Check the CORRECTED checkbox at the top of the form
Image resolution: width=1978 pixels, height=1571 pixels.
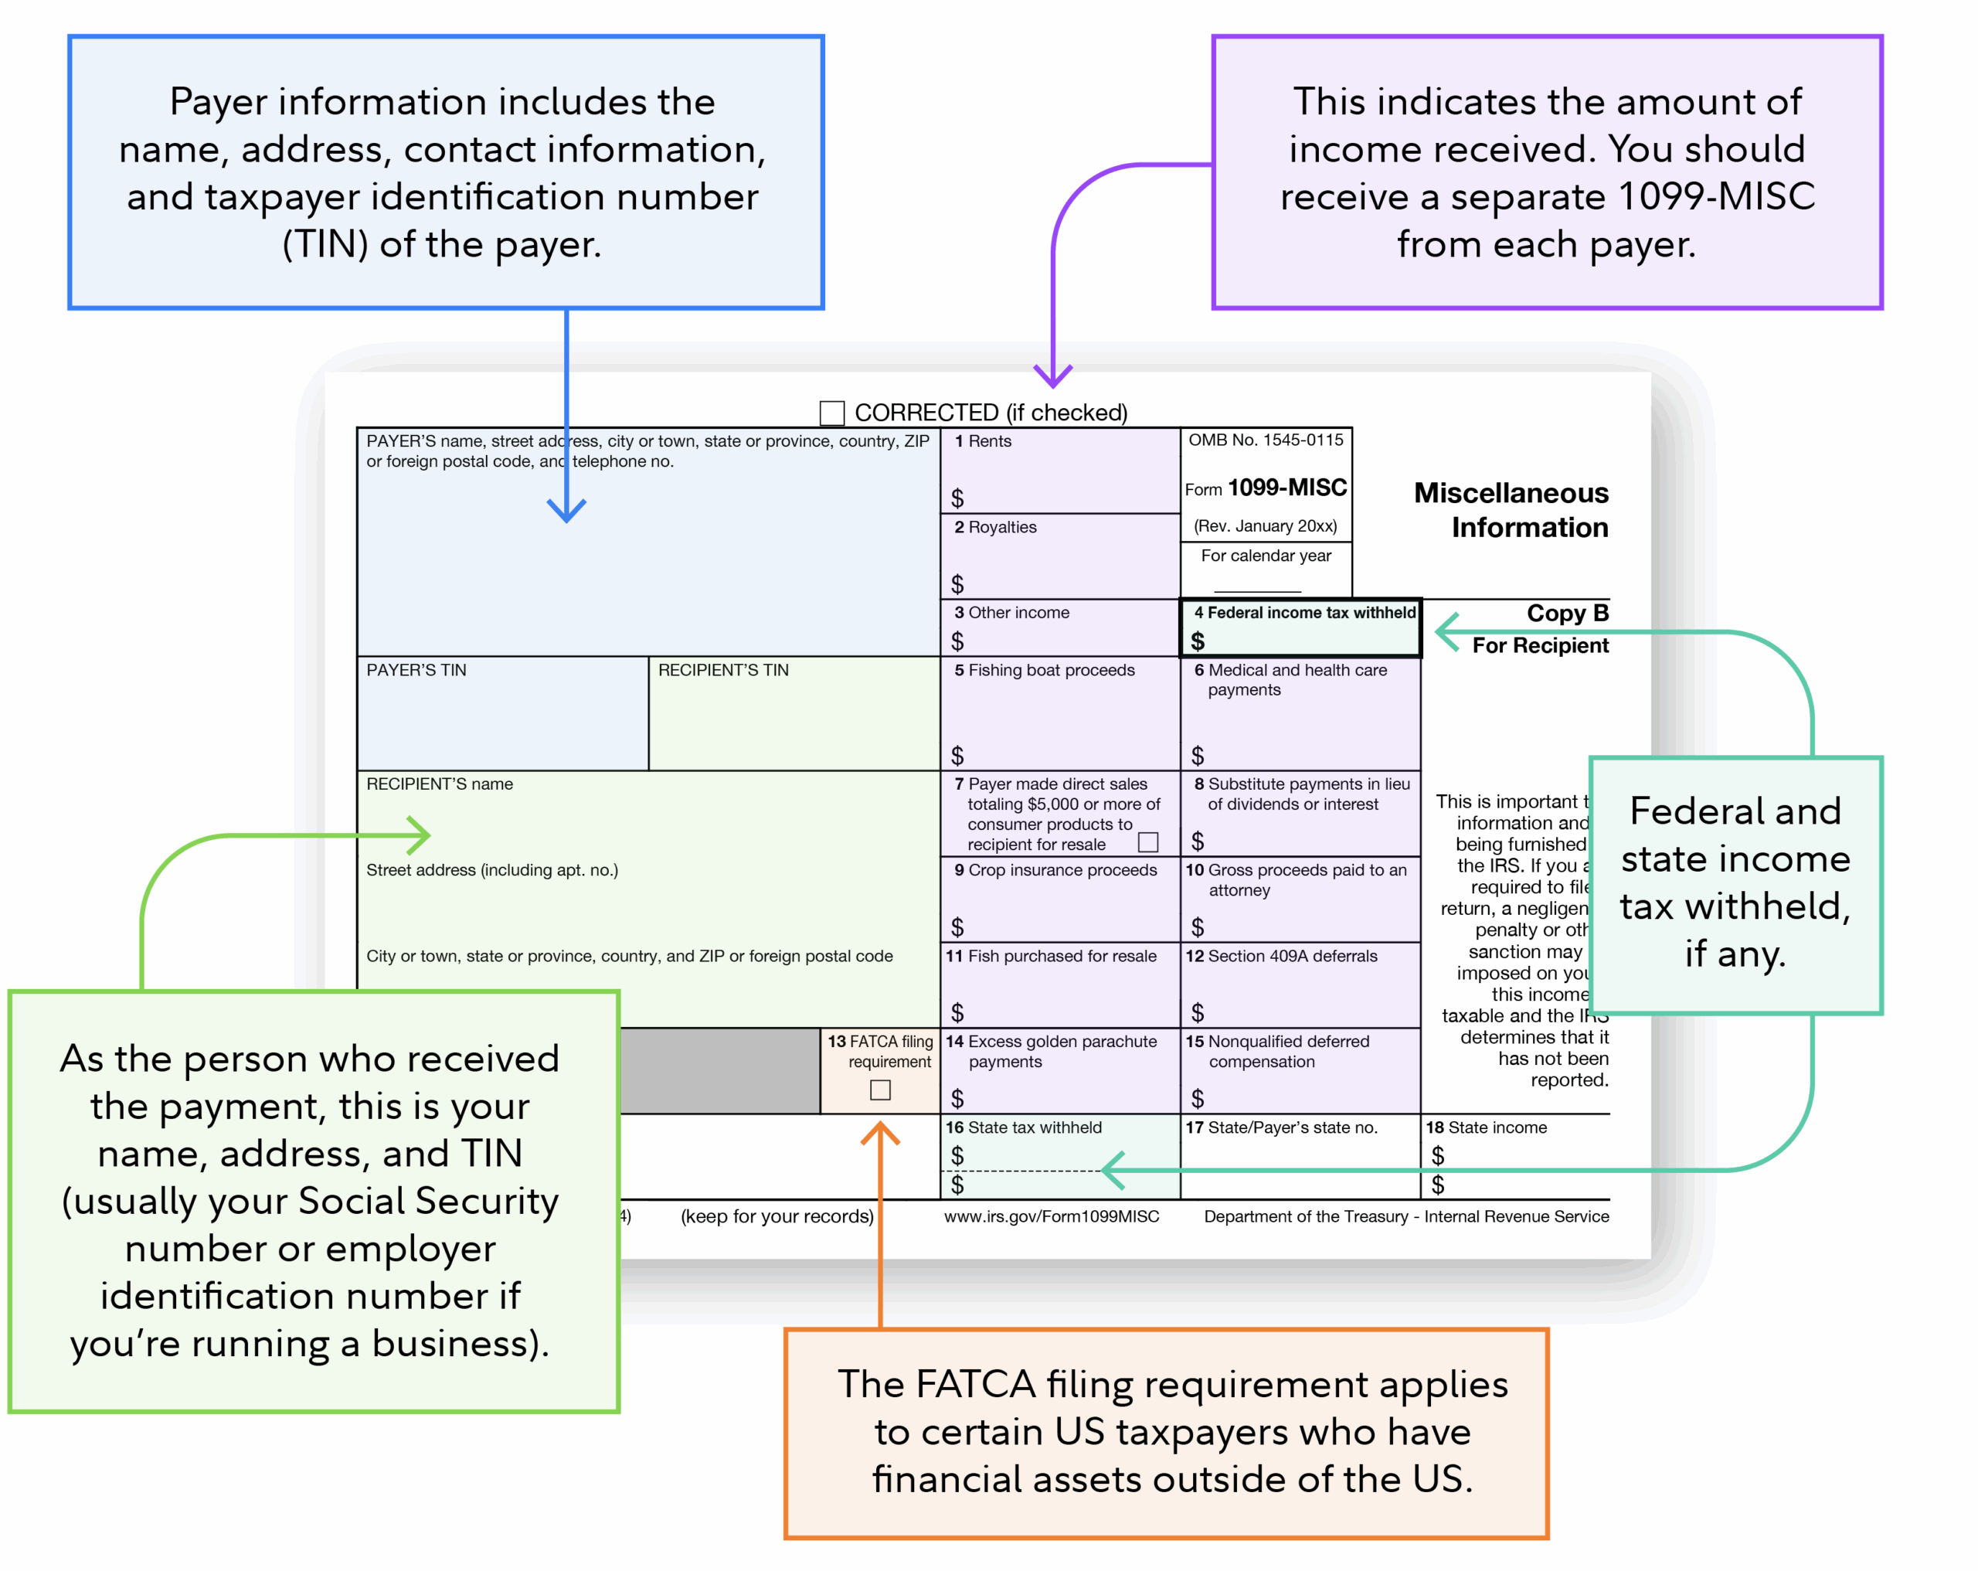click(831, 413)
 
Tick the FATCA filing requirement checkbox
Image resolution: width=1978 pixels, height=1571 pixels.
click(880, 1090)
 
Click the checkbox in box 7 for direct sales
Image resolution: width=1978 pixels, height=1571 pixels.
click(1147, 842)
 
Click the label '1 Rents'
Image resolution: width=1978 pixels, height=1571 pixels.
click(983, 441)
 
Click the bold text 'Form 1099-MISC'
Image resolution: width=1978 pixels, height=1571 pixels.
click(1266, 488)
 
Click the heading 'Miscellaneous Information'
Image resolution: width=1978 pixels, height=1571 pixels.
click(1511, 510)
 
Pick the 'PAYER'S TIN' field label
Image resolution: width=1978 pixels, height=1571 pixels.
click(416, 670)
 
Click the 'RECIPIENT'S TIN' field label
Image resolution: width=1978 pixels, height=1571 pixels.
click(723, 670)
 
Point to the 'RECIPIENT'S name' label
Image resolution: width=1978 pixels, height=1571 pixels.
click(440, 784)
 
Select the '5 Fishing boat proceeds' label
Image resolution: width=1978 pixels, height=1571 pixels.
click(1044, 670)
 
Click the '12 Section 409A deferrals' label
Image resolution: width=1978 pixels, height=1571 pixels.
click(1281, 955)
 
